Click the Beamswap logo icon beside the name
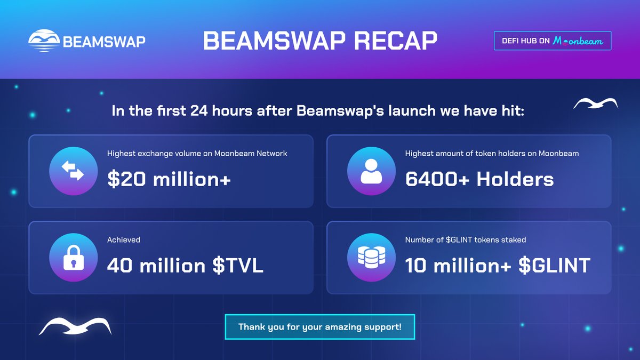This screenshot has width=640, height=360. (x=44, y=41)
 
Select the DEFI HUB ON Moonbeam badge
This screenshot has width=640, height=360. (x=553, y=41)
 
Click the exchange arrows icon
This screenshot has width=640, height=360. (x=73, y=171)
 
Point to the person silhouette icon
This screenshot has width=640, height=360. (x=371, y=171)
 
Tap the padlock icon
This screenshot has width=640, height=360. (x=73, y=257)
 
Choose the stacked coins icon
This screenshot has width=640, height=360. (x=371, y=257)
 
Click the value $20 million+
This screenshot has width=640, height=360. (x=169, y=179)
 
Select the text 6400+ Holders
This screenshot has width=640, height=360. (x=479, y=179)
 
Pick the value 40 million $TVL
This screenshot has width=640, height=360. (x=185, y=265)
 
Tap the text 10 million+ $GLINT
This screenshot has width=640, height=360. (x=498, y=265)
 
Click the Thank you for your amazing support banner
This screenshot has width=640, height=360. (x=319, y=326)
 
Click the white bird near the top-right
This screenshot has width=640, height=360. (x=595, y=103)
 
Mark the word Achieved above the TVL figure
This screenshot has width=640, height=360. (x=124, y=240)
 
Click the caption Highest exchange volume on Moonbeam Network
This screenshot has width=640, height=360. (x=197, y=154)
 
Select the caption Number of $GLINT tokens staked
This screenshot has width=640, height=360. (x=466, y=240)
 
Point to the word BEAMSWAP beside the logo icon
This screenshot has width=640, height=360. (x=104, y=42)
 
